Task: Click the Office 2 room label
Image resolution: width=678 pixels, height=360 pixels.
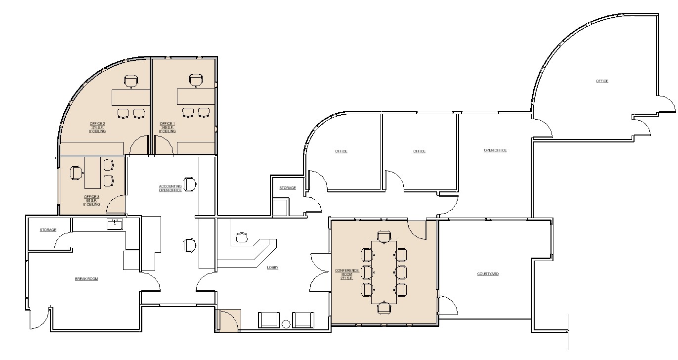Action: click(97, 128)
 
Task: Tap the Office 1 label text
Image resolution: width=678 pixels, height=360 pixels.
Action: click(167, 128)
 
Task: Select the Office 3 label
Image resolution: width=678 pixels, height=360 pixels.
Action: click(91, 200)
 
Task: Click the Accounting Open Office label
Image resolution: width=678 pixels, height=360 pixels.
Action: click(170, 188)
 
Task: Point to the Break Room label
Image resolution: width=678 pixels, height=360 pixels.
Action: click(86, 279)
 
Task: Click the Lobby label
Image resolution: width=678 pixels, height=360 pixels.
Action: click(273, 268)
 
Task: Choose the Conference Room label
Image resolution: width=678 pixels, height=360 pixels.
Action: click(347, 274)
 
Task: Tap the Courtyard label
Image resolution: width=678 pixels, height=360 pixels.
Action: click(488, 274)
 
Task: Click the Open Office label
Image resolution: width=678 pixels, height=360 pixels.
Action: click(495, 150)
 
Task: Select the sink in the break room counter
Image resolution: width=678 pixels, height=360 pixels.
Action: click(115, 225)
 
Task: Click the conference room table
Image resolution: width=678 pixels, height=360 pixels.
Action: click(384, 272)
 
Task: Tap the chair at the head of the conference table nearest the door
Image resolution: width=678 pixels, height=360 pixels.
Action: click(384, 236)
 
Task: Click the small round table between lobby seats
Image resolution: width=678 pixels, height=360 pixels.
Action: click(286, 324)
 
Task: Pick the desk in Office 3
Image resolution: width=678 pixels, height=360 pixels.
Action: click(92, 173)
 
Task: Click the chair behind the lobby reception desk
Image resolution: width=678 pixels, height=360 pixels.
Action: click(242, 237)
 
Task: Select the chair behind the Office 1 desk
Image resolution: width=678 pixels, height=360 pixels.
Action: click(196, 81)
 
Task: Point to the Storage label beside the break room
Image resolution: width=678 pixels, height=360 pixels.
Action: click(48, 230)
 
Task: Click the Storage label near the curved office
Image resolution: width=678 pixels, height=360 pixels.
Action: click(288, 188)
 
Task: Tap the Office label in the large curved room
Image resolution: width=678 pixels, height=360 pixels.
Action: click(602, 81)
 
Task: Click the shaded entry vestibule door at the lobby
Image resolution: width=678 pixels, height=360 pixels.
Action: click(229, 320)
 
